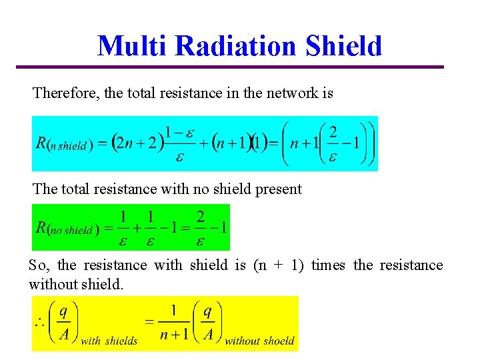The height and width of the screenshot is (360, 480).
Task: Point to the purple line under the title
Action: [230, 67]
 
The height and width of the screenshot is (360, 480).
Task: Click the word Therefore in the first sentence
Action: [65, 93]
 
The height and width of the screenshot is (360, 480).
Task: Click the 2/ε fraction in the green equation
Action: [200, 228]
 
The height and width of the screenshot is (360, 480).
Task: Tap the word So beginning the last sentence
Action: [37, 265]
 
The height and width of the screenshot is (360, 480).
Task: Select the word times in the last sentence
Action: [328, 265]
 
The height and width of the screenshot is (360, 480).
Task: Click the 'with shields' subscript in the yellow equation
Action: [109, 341]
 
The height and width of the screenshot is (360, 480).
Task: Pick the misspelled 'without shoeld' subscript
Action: [259, 341]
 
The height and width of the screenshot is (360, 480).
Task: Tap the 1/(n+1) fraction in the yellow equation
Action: [173, 323]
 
